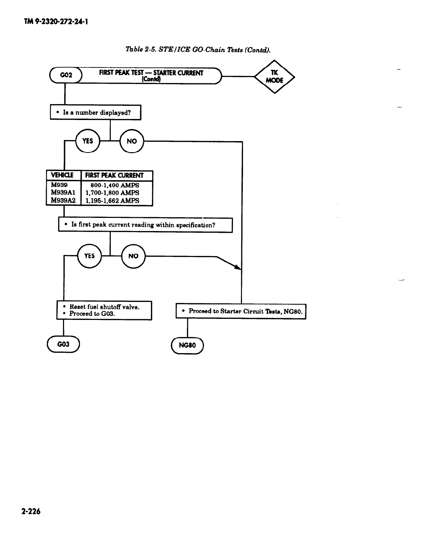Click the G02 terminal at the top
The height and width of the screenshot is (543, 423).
pyautogui.click(x=66, y=75)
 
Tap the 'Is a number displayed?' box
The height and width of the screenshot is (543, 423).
pyautogui.click(x=96, y=112)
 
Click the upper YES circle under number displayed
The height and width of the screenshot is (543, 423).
pyautogui.click(x=88, y=141)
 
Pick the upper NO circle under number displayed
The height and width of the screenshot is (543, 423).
pyautogui.click(x=132, y=141)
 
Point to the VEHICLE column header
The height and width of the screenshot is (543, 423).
pyautogui.click(x=63, y=175)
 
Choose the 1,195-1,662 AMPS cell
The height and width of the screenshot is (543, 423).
pyautogui.click(x=112, y=201)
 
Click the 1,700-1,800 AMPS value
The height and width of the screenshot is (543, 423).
pyautogui.click(x=112, y=193)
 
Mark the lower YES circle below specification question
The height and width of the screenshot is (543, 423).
pyautogui.click(x=89, y=256)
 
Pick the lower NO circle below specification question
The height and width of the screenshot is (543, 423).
pyautogui.click(x=133, y=256)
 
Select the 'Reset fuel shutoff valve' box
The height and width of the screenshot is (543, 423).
pyautogui.click(x=104, y=310)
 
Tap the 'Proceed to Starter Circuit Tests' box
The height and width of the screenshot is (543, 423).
pyautogui.click(x=241, y=311)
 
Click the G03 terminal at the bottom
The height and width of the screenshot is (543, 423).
pyautogui.click(x=63, y=344)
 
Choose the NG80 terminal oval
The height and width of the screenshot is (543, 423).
pyautogui.click(x=187, y=345)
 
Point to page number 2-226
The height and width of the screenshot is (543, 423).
pyautogui.click(x=31, y=511)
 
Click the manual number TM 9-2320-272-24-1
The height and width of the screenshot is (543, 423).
pyautogui.click(x=56, y=22)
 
